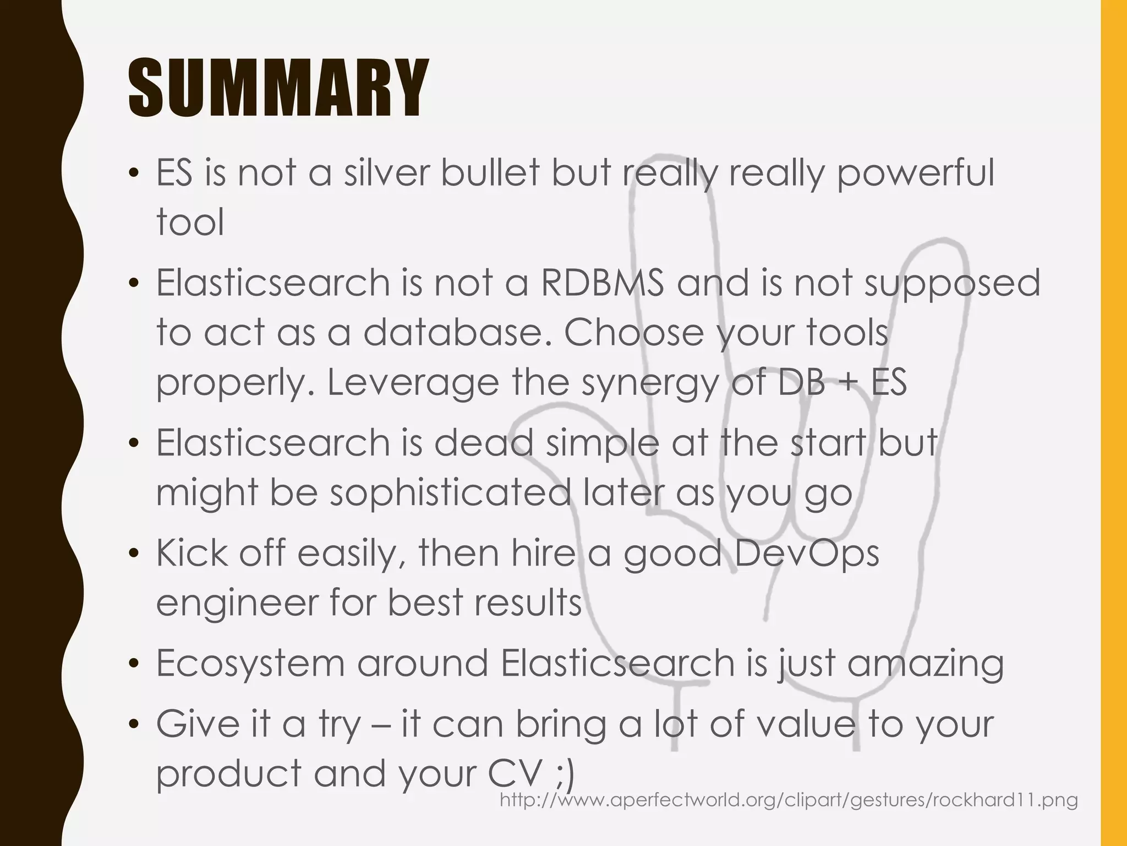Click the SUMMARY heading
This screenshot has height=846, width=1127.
click(x=278, y=89)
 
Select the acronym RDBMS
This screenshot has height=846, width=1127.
click(x=602, y=283)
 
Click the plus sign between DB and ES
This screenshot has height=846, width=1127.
click(x=848, y=383)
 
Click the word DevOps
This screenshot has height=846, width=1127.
click(x=806, y=553)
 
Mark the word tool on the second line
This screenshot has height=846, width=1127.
click(x=190, y=223)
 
